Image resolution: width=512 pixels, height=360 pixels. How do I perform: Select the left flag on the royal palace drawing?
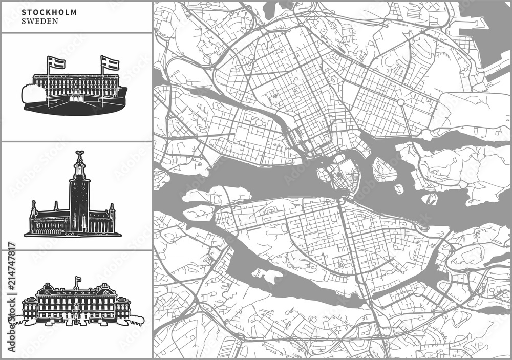[56, 63]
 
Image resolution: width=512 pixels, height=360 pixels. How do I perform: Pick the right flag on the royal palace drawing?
[111, 63]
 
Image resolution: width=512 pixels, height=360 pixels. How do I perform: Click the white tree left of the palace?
[34, 94]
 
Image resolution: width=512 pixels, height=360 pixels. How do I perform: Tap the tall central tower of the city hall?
[79, 200]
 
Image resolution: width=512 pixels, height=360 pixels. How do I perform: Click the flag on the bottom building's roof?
[78, 280]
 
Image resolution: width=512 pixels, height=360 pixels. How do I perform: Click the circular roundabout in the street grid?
[401, 102]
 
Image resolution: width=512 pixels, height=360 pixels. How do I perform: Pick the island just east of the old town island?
[385, 170]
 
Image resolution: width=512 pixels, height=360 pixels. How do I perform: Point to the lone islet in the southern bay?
[267, 275]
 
